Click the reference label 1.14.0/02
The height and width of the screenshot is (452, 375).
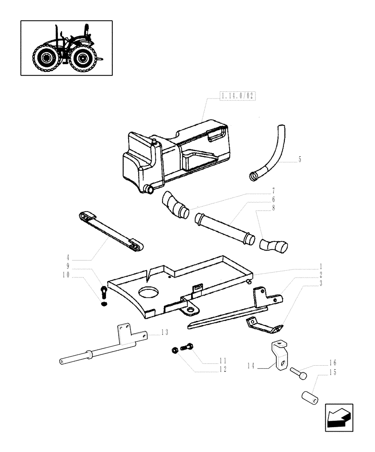[x=237, y=96]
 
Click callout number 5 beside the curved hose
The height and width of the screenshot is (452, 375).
[x=299, y=160]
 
